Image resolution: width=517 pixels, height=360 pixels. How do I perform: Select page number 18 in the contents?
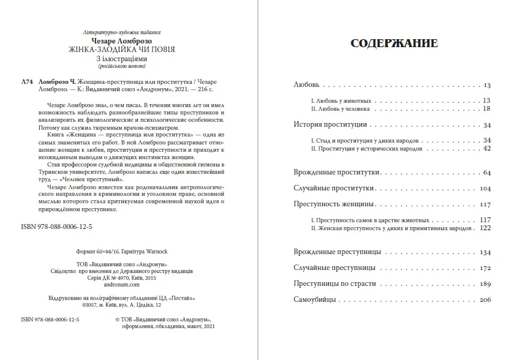[x=487, y=108]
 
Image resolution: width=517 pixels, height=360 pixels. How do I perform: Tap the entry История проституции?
[x=330, y=125]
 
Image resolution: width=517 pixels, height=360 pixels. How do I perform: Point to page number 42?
[x=487, y=148]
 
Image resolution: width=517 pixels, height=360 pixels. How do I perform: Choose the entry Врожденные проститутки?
[x=338, y=171]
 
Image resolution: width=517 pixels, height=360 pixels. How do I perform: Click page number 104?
[x=485, y=189]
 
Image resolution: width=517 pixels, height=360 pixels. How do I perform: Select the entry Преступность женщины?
[x=334, y=204]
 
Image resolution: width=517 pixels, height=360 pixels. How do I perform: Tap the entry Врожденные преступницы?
[x=338, y=252]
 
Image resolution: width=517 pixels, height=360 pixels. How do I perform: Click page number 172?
[x=485, y=268]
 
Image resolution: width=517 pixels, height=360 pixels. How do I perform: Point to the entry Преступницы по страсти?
[x=334, y=284]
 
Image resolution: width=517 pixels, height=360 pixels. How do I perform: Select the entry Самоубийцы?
[x=315, y=300]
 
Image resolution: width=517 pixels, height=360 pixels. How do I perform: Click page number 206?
[x=485, y=300]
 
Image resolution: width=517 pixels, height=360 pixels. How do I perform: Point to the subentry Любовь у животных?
[x=338, y=100]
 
